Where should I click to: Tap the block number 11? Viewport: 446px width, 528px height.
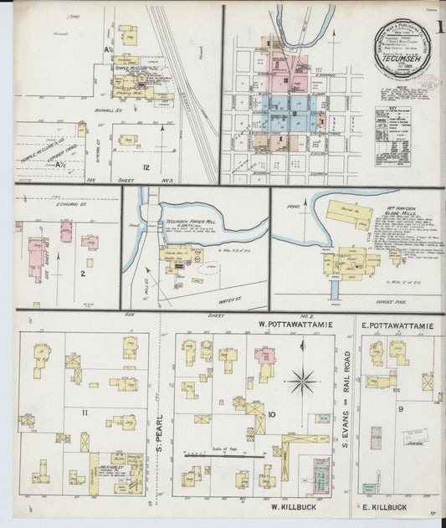[85, 413]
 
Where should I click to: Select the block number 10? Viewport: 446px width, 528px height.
[273, 414]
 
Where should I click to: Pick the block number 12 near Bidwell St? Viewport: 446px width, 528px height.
[146, 167]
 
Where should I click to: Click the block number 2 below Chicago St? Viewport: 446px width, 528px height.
[82, 273]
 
